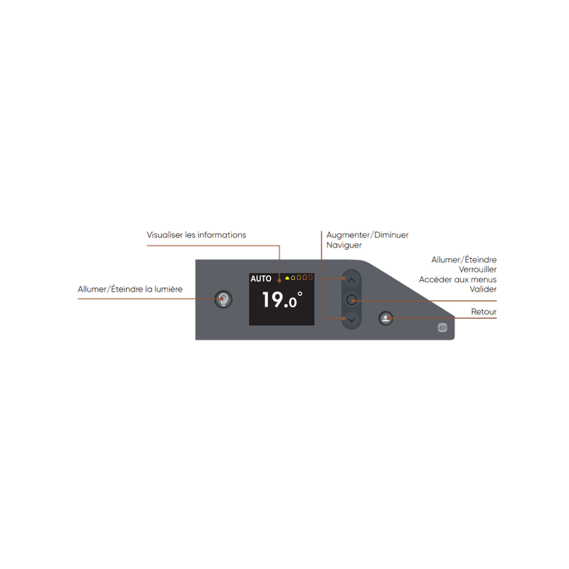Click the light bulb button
coord(224,299)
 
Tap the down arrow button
coord(351,321)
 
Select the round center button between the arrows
coord(351,300)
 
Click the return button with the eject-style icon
coord(385,318)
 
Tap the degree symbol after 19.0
coord(299,293)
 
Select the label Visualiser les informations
coord(196,235)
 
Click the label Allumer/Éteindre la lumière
coord(130,289)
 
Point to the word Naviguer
coord(344,244)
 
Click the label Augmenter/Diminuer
coord(366,235)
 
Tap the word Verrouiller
coord(478,270)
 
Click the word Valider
coord(483,289)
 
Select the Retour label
coord(484,312)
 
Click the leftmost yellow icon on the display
coord(287,278)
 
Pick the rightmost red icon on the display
coord(311,278)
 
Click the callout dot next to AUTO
coord(280,279)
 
